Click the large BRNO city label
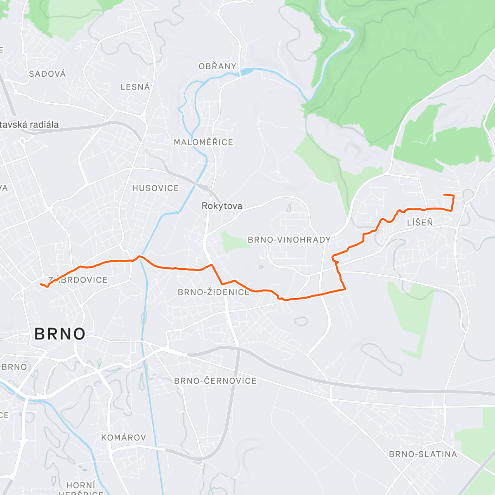(x=60, y=334)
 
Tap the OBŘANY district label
(x=217, y=66)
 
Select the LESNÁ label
(x=135, y=87)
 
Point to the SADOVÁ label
(x=47, y=74)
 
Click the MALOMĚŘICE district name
(x=203, y=142)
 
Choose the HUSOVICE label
(x=156, y=189)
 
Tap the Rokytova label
(x=222, y=206)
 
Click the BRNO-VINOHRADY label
(x=289, y=240)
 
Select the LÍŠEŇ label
(x=420, y=223)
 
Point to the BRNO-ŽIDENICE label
(x=214, y=292)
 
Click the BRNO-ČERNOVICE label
(x=215, y=381)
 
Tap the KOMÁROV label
(x=124, y=438)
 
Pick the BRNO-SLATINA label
(x=423, y=455)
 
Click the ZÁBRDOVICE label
(x=78, y=280)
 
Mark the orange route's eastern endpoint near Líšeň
(x=444, y=195)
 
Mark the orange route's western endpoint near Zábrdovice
(x=40, y=284)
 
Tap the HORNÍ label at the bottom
(x=81, y=485)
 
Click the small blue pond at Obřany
(x=246, y=72)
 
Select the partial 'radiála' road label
(x=30, y=125)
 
